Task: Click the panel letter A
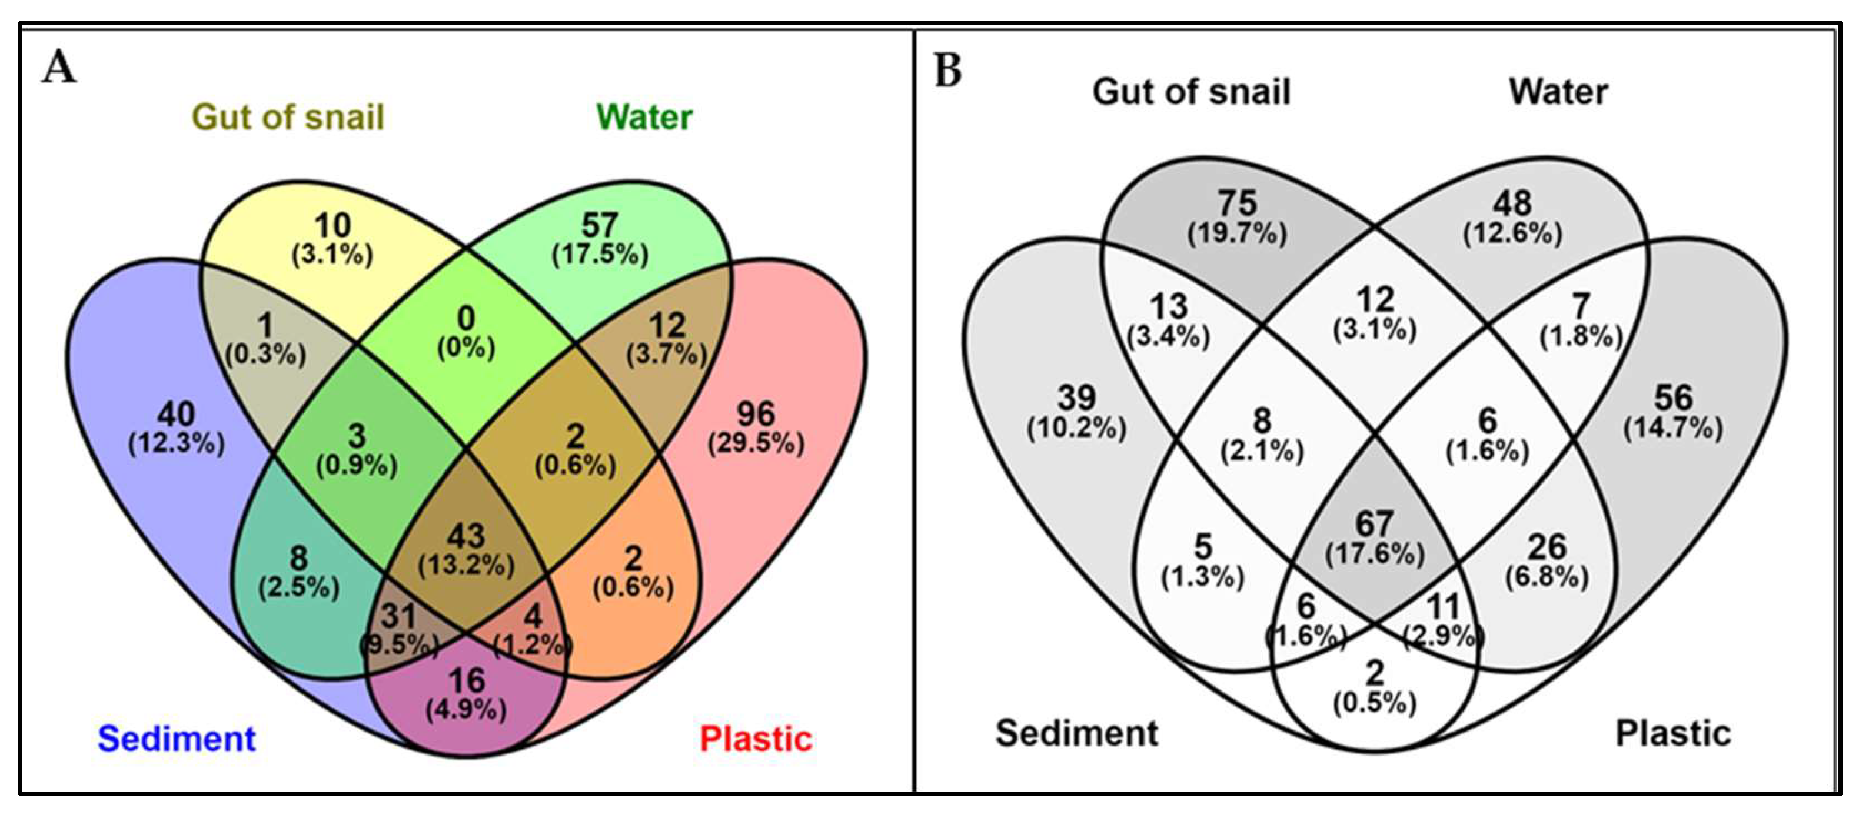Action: [x=59, y=69]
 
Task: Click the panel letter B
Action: [x=947, y=71]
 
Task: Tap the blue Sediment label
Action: [x=176, y=738]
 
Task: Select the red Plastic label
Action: [x=756, y=738]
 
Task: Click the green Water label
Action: [x=644, y=117]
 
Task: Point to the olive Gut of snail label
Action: [x=287, y=117]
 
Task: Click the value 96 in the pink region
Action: [x=756, y=414]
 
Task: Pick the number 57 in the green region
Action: [x=600, y=225]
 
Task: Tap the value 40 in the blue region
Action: [x=176, y=414]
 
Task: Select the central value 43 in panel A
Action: [x=466, y=536]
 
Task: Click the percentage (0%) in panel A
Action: [x=466, y=348]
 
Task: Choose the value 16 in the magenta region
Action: [x=466, y=680]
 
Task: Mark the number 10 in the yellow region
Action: [x=332, y=225]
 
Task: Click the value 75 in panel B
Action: [x=1237, y=203]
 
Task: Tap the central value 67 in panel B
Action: [x=1374, y=523]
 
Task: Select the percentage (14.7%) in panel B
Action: [x=1673, y=429]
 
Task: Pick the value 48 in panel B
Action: [x=1512, y=203]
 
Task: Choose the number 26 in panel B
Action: [x=1547, y=547]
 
